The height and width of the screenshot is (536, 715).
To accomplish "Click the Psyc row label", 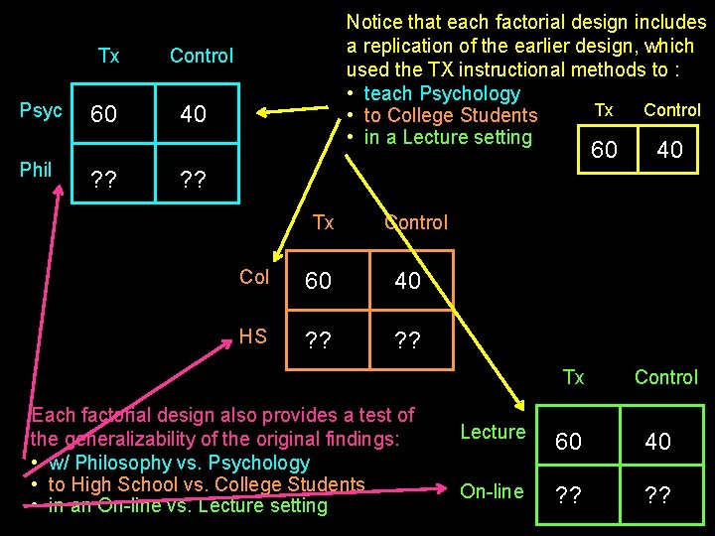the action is click(x=41, y=111).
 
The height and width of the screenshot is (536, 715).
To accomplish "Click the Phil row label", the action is click(x=36, y=170).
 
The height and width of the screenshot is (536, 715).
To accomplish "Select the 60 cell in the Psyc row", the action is click(x=103, y=115).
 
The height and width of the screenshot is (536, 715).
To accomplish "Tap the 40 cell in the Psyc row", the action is click(x=193, y=115).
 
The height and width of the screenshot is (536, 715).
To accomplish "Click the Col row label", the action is click(x=254, y=277).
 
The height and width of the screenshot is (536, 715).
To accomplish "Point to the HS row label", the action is click(x=253, y=336).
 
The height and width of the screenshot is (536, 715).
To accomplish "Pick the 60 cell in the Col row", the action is click(x=318, y=282).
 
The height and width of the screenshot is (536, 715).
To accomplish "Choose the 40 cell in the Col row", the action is click(x=407, y=282).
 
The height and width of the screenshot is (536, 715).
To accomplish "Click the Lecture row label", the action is click(x=493, y=432).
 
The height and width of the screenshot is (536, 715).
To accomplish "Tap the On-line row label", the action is click(x=492, y=490).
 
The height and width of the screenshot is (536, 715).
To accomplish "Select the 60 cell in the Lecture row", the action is click(x=569, y=442).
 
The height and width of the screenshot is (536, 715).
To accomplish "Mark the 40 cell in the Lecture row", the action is click(x=657, y=442).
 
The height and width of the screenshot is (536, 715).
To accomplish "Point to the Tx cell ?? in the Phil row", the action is click(x=103, y=181).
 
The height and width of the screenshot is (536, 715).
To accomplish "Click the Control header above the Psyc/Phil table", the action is click(x=202, y=56).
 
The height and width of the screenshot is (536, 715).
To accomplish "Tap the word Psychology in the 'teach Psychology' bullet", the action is click(x=470, y=93).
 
